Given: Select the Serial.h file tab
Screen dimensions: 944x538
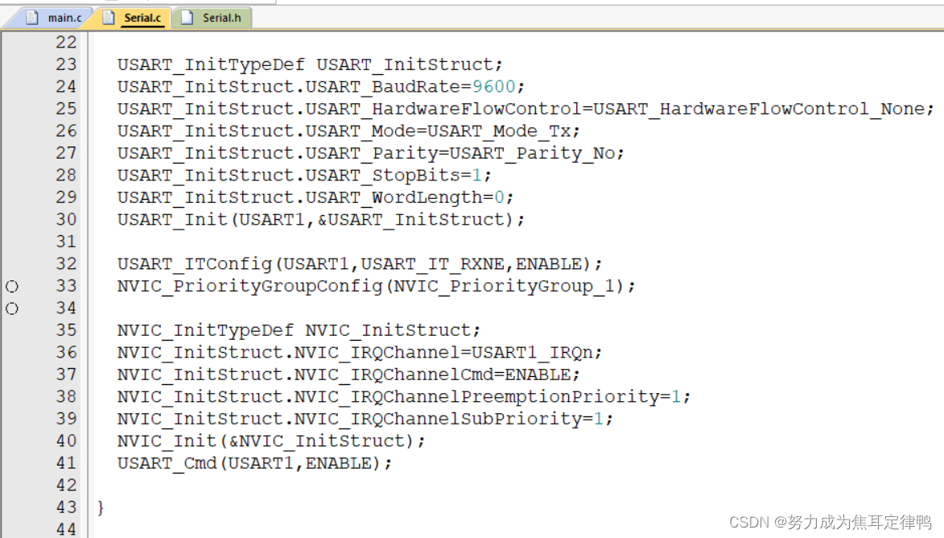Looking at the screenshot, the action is (214, 17).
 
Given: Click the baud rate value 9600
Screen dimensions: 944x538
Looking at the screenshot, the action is (500, 86).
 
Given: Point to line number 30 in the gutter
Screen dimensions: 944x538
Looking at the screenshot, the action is (66, 219).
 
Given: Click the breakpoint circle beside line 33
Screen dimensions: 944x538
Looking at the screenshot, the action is (12, 286).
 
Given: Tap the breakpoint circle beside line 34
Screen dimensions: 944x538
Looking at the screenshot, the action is (12, 308).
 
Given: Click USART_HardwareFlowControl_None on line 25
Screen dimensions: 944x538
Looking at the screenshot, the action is (760, 109).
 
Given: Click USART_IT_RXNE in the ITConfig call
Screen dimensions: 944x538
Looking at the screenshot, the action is (466, 263).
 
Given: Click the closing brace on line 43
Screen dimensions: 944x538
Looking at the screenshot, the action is (101, 507).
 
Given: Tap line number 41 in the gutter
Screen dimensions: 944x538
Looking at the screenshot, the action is (66, 463).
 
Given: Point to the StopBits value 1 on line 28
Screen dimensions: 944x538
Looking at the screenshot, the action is (477, 175).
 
